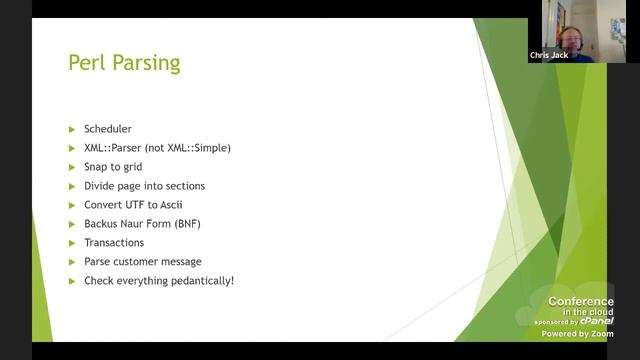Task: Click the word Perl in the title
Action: (x=86, y=62)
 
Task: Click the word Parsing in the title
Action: (x=144, y=63)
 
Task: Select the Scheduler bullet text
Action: (x=107, y=129)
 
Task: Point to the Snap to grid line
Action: (x=112, y=167)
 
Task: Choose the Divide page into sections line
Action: (x=144, y=186)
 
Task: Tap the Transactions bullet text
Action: (x=113, y=243)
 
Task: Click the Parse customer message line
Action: (x=142, y=262)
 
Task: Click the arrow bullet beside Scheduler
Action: (x=72, y=129)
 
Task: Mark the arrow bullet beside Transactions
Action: (x=72, y=243)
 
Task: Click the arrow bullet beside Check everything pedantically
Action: (x=72, y=281)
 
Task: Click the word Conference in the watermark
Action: (x=581, y=301)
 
